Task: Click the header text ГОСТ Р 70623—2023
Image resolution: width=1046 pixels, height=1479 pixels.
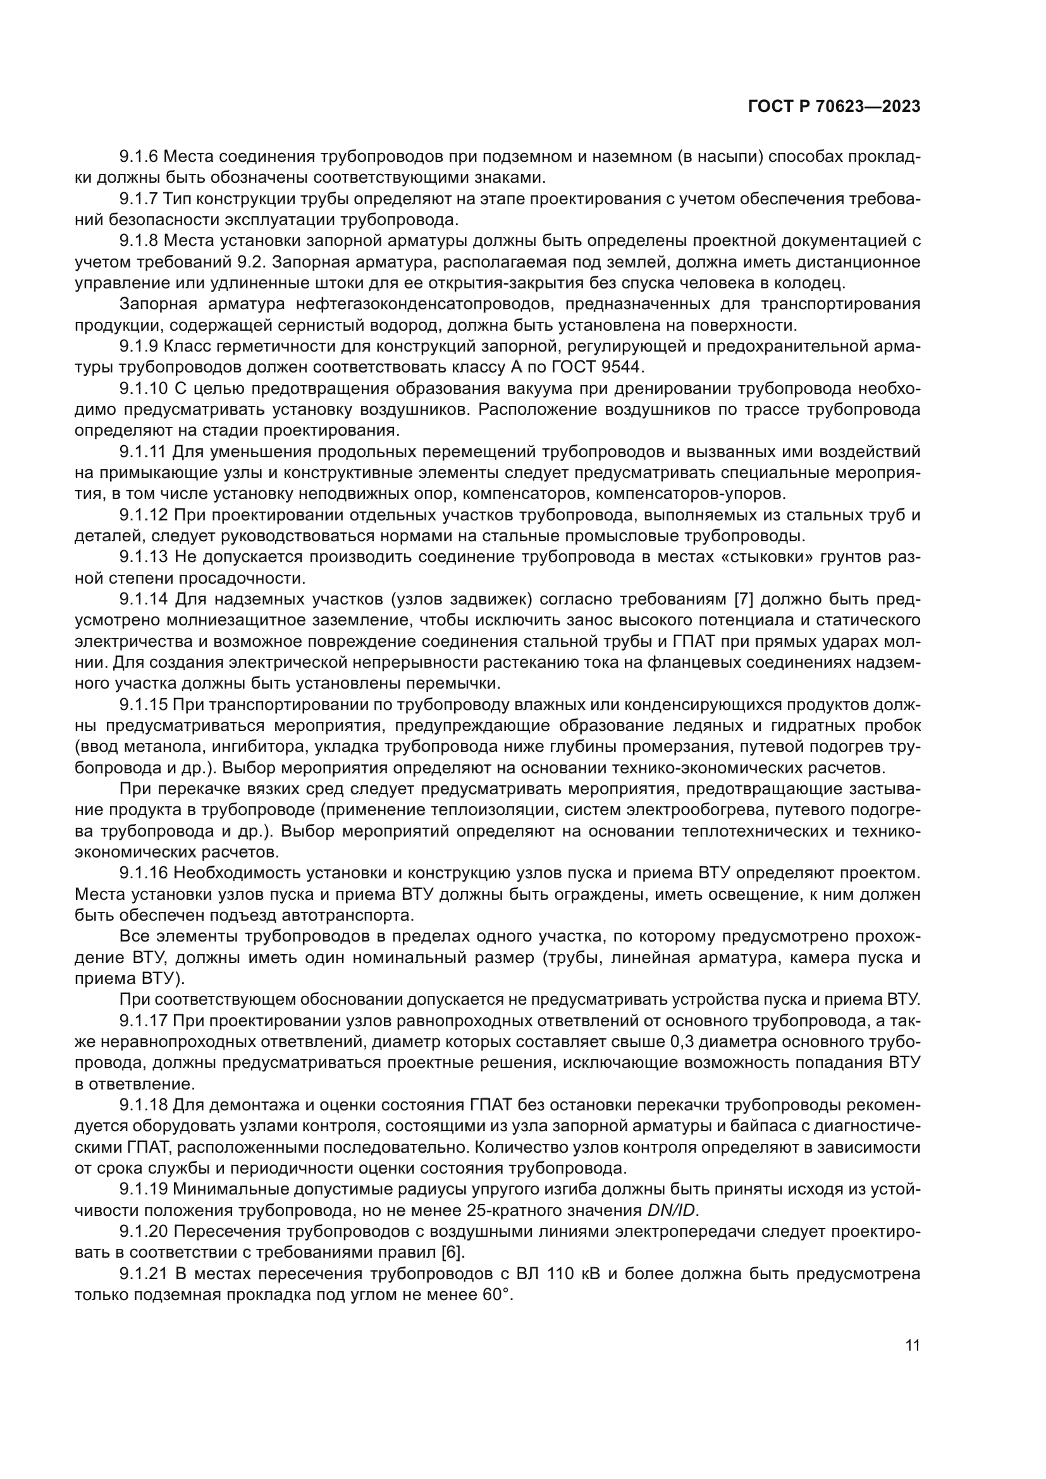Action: tap(834, 107)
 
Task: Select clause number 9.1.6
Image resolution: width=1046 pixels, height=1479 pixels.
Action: tap(138, 157)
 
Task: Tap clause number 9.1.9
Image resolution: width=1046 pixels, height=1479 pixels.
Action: tap(138, 347)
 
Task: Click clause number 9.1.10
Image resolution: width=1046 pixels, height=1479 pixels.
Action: tap(144, 388)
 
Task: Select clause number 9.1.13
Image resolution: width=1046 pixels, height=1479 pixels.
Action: tap(144, 557)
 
